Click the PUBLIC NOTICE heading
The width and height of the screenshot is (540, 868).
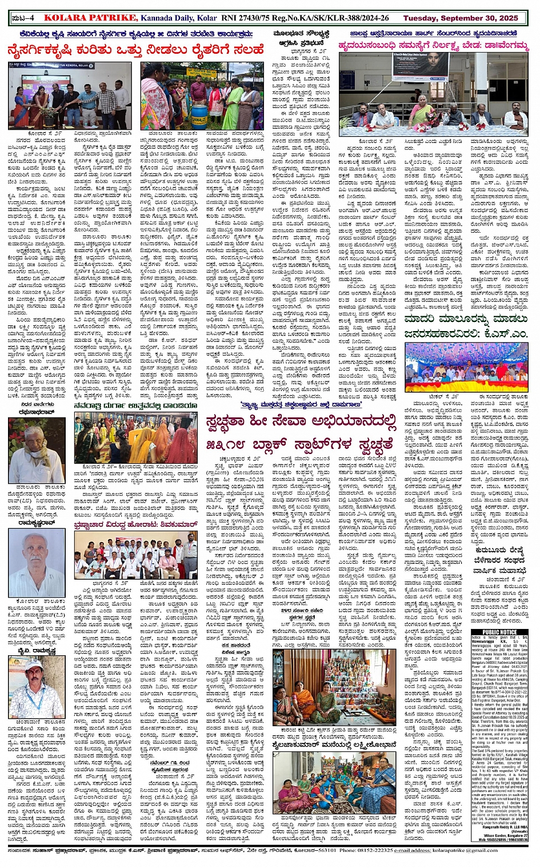point(500,632)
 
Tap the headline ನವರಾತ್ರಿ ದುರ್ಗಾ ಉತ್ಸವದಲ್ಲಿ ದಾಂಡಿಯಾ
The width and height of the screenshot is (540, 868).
point(135,405)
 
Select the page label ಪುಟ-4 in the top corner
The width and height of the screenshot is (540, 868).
point(23,18)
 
